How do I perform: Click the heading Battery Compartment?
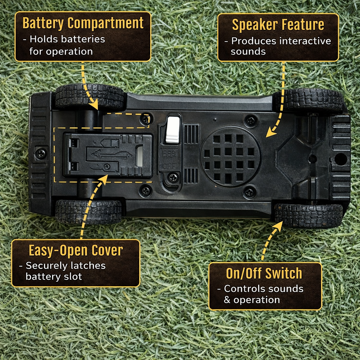83,23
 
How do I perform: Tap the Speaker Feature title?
278,25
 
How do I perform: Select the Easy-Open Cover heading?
76,250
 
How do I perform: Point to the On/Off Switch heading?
264,273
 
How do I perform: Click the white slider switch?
173,129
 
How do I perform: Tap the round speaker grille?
231,156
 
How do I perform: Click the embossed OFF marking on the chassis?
169,166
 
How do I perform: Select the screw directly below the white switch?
173,178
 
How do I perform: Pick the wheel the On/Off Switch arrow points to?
308,216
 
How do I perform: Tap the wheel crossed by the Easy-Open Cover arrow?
89,211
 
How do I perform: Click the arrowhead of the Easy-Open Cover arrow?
104,179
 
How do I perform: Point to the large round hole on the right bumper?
340,159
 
